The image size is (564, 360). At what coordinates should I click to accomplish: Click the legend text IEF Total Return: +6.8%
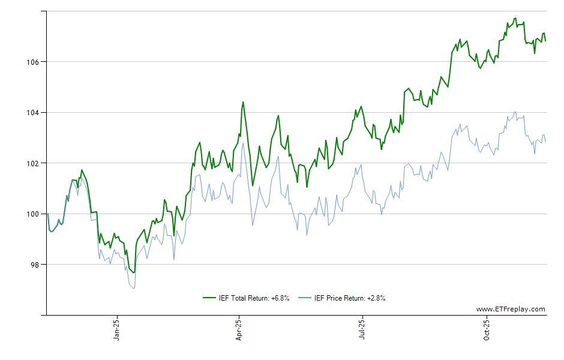click(x=254, y=298)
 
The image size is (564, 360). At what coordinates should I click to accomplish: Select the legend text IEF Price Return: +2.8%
click(x=349, y=298)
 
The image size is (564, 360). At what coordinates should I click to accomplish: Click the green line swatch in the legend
click(x=209, y=298)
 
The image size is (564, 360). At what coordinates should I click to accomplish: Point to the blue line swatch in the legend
click(x=305, y=298)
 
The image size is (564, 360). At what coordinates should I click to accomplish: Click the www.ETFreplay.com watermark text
click(x=511, y=310)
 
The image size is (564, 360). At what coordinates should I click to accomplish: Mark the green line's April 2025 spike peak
click(x=243, y=102)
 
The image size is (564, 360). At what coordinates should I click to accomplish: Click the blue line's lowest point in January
click(x=134, y=288)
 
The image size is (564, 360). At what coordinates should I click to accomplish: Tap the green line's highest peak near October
click(x=515, y=18)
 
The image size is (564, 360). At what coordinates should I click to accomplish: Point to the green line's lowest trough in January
click(x=134, y=272)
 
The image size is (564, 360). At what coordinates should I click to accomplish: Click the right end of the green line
click(x=545, y=41)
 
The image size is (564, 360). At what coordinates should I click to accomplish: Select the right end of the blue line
click(x=545, y=142)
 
